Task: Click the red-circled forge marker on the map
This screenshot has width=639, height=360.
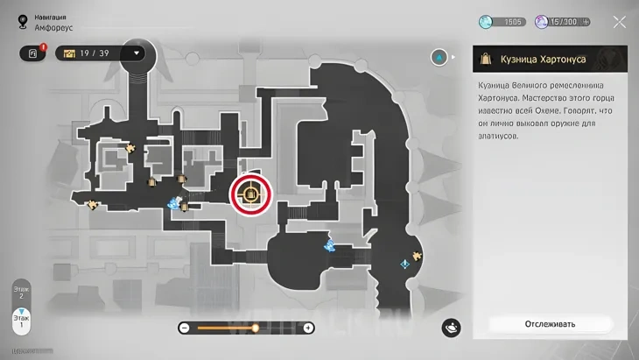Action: [x=251, y=194]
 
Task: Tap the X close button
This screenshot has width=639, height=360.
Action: [x=619, y=22]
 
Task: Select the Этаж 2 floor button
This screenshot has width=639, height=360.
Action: [x=21, y=292]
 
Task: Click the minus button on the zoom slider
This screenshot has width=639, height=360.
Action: [x=185, y=328]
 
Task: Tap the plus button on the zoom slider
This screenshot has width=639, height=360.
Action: [x=308, y=328]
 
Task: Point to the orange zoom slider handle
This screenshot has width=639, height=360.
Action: [x=256, y=328]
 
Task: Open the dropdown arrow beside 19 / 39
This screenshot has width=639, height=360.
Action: [x=137, y=53]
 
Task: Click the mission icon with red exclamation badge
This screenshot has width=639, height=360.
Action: [x=32, y=53]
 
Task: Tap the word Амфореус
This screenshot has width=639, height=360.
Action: [x=54, y=27]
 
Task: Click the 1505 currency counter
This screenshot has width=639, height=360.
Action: [x=502, y=22]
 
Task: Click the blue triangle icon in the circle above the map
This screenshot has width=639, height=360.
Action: [x=439, y=58]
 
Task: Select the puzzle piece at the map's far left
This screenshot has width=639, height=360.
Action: [x=93, y=205]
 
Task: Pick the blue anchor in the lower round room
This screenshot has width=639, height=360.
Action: [x=329, y=244]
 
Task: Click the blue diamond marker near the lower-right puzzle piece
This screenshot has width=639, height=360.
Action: [x=404, y=262]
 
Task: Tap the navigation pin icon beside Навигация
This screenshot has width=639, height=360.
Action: [x=22, y=22]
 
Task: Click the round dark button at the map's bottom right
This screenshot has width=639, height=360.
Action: [x=452, y=328]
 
